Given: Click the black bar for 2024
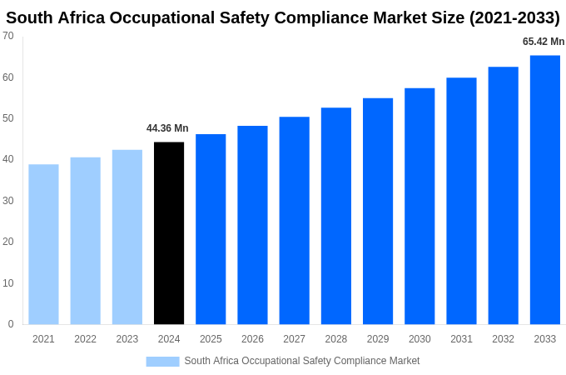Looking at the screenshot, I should click(x=169, y=233).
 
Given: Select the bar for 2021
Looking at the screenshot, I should click(x=43, y=244).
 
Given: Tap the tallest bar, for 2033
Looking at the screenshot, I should click(x=544, y=190).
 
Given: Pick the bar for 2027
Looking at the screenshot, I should click(x=294, y=221).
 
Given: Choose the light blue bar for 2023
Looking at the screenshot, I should click(x=127, y=237).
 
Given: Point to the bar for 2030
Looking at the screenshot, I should click(x=420, y=207).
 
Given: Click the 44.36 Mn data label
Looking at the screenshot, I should click(x=167, y=128).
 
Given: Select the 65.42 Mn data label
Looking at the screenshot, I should click(x=544, y=42).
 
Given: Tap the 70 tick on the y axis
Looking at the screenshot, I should click(x=8, y=36).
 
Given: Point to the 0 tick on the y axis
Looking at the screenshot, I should click(x=11, y=324).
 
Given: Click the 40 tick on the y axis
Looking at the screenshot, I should click(x=8, y=159).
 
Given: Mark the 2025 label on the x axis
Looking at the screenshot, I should click(x=211, y=339).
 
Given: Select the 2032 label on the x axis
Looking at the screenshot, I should click(x=503, y=339).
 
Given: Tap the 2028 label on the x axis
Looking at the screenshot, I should click(x=336, y=339).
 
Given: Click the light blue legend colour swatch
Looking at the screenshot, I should click(x=162, y=361).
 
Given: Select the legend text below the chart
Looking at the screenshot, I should click(x=302, y=361).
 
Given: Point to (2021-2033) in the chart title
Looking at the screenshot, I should click(x=514, y=17).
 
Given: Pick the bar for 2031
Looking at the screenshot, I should click(x=461, y=201).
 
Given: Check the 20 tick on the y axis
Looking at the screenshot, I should click(x=8, y=242).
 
